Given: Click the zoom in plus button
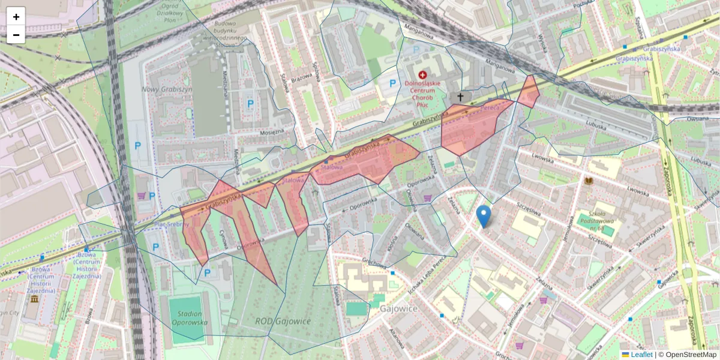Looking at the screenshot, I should (16, 16).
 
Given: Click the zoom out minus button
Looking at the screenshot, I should (16, 35).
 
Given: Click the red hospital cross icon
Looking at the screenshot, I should (424, 75).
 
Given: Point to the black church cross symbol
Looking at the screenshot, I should (461, 97).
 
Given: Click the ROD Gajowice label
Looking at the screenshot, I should (283, 321).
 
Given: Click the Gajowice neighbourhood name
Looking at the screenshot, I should (398, 308).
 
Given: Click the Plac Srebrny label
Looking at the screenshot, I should (172, 224).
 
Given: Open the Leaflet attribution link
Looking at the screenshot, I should (641, 355).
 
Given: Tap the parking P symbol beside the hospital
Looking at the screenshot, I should (393, 84).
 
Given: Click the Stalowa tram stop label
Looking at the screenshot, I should (331, 167).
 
